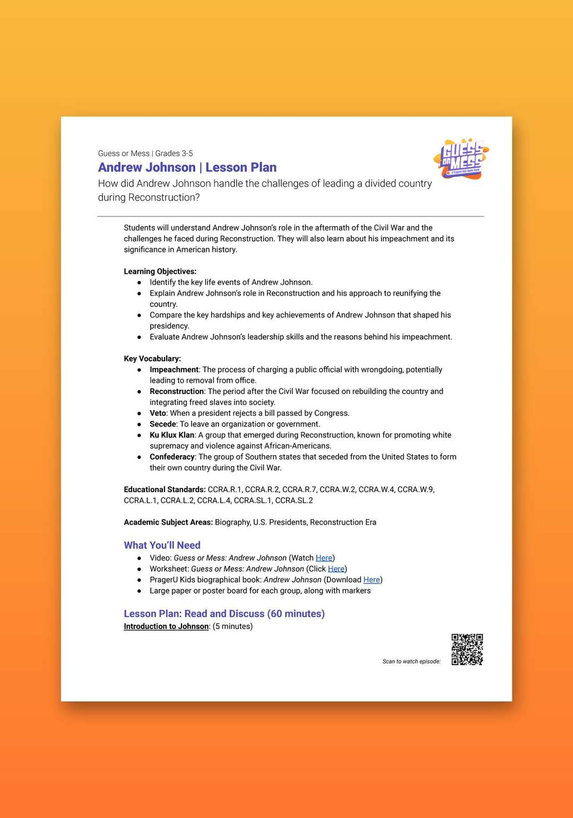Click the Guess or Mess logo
(461, 159)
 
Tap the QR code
(467, 649)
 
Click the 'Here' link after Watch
(324, 558)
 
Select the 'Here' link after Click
(336, 569)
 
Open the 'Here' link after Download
(371, 580)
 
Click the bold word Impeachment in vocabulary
(174, 370)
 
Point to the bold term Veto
(158, 413)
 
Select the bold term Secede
(162, 424)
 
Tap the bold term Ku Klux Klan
(172, 435)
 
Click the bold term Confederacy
(172, 457)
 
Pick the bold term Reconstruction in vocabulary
(177, 391)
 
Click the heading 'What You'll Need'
(162, 545)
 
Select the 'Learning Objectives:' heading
(160, 272)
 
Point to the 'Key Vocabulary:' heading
(152, 359)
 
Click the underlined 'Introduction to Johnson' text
(166, 626)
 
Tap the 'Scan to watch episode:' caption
(411, 662)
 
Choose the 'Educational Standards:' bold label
(164, 490)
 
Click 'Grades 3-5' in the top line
(174, 153)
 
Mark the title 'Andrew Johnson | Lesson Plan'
(187, 168)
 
